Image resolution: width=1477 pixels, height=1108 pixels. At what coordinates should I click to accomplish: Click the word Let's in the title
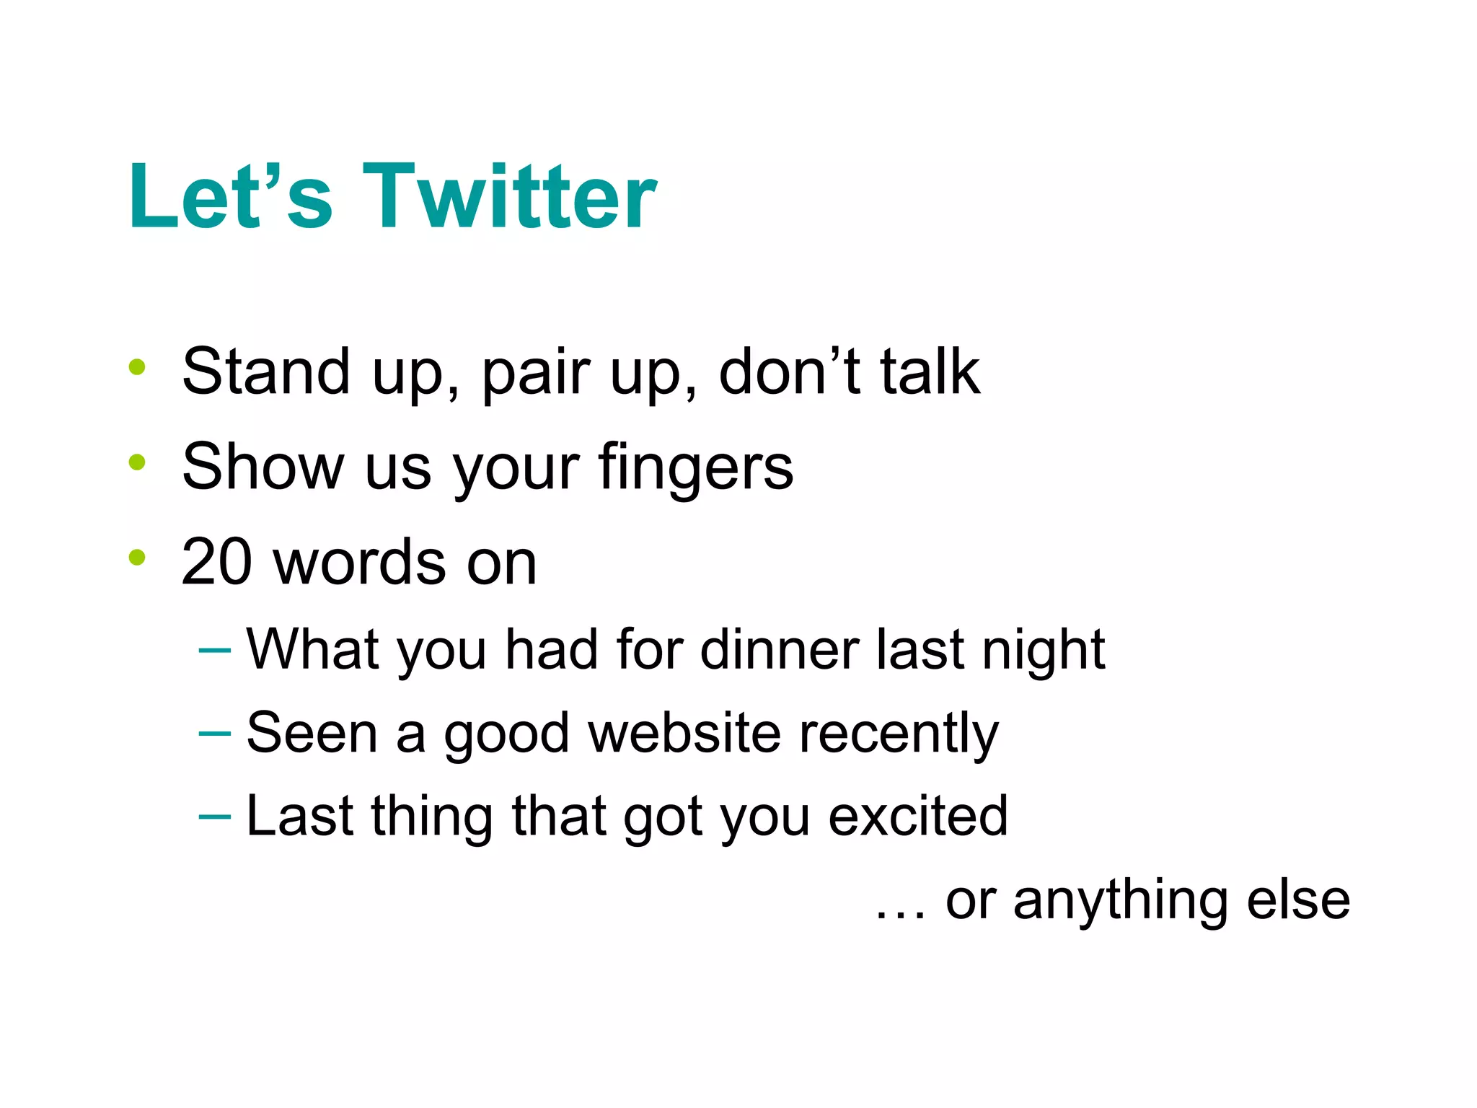(230, 196)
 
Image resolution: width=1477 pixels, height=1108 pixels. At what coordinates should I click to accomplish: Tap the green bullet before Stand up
(137, 367)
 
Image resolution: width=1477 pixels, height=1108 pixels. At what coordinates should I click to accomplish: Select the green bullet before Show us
(137, 462)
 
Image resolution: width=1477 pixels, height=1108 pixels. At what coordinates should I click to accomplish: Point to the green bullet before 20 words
(137, 557)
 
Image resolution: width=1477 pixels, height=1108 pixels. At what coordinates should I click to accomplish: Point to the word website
(684, 733)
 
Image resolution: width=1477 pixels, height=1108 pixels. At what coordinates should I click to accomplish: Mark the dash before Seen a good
(214, 734)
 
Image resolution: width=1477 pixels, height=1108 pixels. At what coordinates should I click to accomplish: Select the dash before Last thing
(214, 817)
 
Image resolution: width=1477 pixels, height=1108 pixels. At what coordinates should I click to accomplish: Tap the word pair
(533, 374)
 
